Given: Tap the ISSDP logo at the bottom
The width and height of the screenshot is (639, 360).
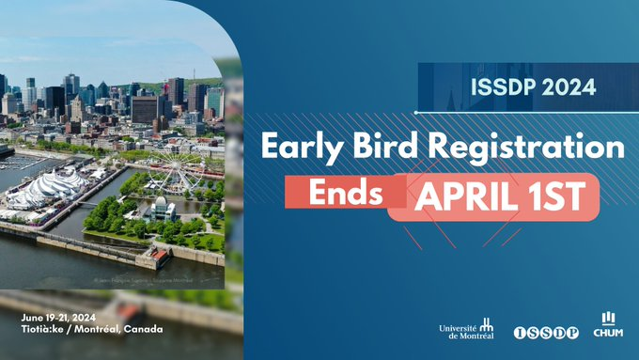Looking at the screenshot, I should (x=546, y=333).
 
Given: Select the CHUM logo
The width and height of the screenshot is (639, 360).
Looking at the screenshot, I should (x=609, y=325).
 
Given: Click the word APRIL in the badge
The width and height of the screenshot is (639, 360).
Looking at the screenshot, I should (x=460, y=196).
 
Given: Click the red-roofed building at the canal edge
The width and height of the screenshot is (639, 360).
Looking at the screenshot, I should (x=158, y=255).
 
